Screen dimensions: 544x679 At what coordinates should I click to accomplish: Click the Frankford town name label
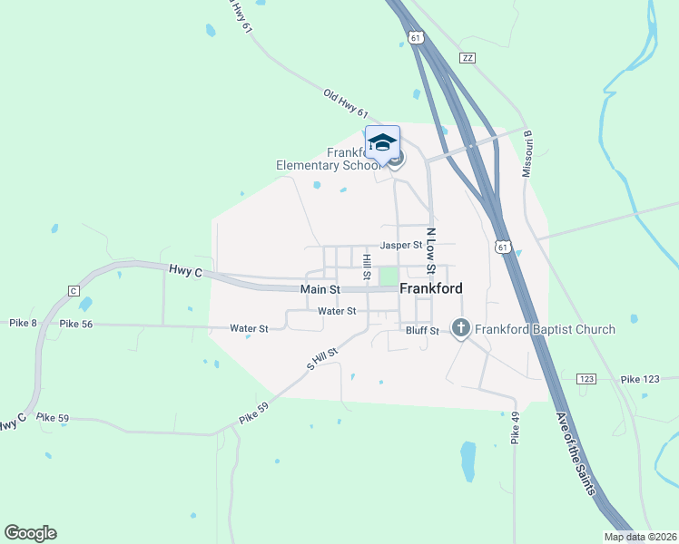pyautogui.click(x=431, y=288)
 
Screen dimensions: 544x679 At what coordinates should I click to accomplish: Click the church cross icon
pyautogui.click(x=460, y=328)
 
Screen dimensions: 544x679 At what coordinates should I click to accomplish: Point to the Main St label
pyautogui.click(x=320, y=289)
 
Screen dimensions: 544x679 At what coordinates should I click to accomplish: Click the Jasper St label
pyautogui.click(x=401, y=245)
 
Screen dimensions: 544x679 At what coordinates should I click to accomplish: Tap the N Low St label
pyautogui.click(x=432, y=250)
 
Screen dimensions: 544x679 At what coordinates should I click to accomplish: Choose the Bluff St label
pyautogui.click(x=422, y=331)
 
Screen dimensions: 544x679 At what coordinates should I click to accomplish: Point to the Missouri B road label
pyautogui.click(x=526, y=152)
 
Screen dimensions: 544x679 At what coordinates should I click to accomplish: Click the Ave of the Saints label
pyautogui.click(x=577, y=454)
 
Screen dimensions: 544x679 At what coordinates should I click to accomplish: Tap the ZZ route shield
pyautogui.click(x=467, y=57)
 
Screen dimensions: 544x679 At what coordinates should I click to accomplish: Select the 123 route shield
pyautogui.click(x=586, y=377)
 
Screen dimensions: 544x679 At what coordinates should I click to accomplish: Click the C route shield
pyautogui.click(x=74, y=290)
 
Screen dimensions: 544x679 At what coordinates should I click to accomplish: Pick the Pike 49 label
pyautogui.click(x=515, y=429)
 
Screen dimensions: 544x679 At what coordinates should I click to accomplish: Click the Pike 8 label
pyautogui.click(x=24, y=323)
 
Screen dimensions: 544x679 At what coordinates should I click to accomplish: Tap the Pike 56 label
pyautogui.click(x=76, y=324)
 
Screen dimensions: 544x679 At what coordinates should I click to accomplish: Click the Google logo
pyautogui.click(x=30, y=533)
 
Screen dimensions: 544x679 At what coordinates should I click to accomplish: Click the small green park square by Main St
pyautogui.click(x=388, y=276)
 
